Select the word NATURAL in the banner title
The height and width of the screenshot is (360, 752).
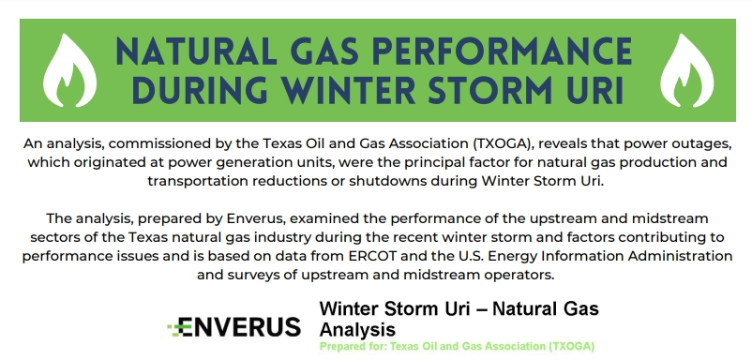(x=196, y=52)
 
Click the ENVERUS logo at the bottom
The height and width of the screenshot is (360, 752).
(x=234, y=327)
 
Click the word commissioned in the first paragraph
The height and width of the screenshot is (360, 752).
(x=155, y=143)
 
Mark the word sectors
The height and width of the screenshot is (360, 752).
(x=53, y=237)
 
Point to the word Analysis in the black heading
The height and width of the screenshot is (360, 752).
(x=357, y=329)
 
